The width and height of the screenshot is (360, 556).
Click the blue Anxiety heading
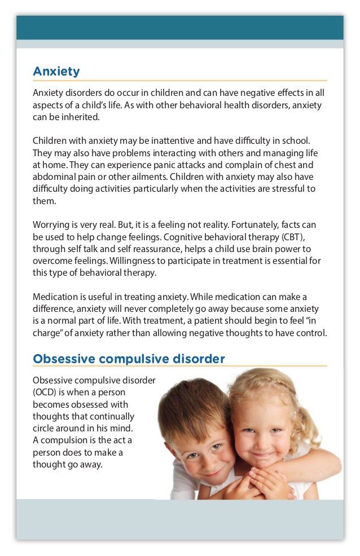(x=56, y=72)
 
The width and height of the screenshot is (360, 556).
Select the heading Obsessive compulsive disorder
(x=129, y=359)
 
